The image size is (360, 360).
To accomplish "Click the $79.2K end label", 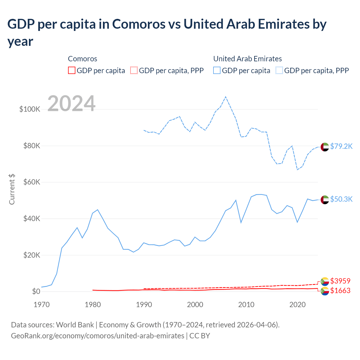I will (341, 146).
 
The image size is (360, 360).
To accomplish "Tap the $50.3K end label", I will (341, 199).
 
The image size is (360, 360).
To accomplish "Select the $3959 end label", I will (340, 281).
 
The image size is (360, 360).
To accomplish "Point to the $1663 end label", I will (340, 291).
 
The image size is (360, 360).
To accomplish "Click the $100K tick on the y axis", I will (30, 109).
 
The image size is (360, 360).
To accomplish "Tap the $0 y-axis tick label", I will (36, 291).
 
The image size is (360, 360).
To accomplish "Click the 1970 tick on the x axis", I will (42, 305).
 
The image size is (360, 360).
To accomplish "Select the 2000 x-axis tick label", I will (195, 305).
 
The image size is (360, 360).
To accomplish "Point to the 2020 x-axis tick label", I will (298, 305).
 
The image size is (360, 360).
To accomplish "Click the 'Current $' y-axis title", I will (12, 189).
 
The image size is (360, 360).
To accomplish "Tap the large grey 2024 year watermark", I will (71, 103).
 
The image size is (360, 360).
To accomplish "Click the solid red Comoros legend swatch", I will (72, 70).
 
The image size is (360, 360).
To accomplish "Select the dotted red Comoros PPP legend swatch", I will (134, 70).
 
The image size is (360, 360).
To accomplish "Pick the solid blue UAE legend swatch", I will (217, 70).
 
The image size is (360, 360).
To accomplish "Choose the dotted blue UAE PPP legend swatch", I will (279, 70).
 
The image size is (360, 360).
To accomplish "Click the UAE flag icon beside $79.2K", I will (325, 147).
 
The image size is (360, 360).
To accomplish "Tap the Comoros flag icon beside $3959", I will (325, 281).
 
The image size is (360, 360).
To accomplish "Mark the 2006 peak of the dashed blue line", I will (226, 97).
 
